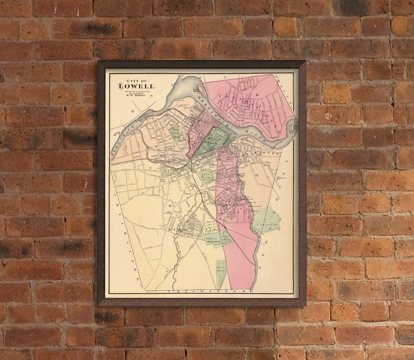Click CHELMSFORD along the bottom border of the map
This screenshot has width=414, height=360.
tap(189, 290)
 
